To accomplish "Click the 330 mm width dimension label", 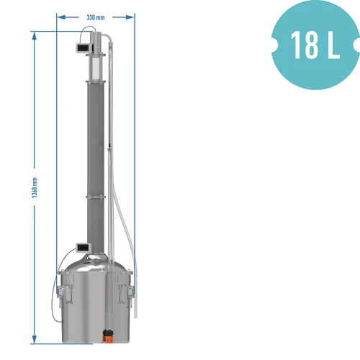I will (x=95, y=16).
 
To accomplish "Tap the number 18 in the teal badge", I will (x=302, y=45).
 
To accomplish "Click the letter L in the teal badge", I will (x=332, y=45).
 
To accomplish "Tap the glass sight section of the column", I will (x=95, y=66).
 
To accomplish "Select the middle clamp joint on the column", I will (x=95, y=195).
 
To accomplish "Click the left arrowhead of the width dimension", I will (x=60, y=16).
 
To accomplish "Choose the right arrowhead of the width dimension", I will (x=132, y=16).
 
